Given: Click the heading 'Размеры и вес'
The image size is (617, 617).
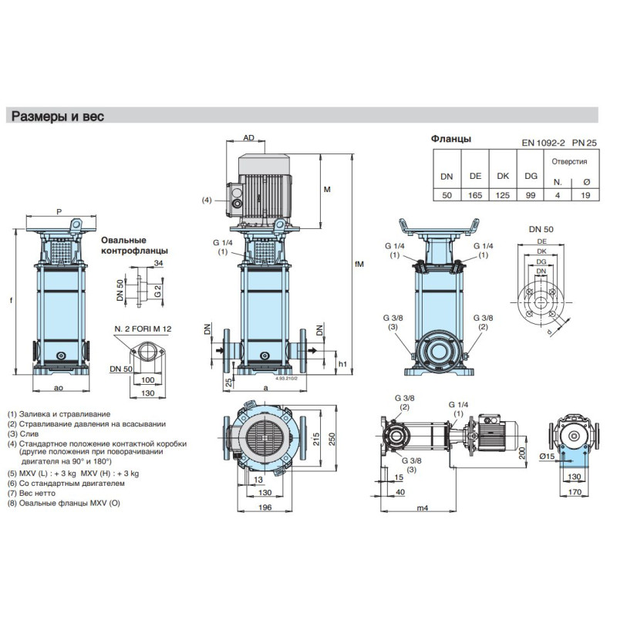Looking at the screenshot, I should (56, 116).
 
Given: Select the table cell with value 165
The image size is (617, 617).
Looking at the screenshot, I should (475, 195).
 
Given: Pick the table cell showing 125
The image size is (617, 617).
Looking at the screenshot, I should (503, 195).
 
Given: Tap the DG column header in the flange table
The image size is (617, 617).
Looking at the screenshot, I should (531, 176).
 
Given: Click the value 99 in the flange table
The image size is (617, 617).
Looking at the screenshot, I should (531, 195).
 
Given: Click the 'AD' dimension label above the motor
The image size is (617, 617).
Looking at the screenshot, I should (248, 137).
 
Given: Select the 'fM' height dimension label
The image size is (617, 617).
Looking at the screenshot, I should (359, 265).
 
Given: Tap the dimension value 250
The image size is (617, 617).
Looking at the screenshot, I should (331, 437).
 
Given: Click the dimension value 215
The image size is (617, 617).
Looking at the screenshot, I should (315, 437).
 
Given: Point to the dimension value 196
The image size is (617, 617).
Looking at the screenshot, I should (265, 507).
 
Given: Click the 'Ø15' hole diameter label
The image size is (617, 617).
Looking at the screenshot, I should (549, 457).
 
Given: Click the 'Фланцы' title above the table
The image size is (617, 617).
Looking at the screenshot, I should (450, 139).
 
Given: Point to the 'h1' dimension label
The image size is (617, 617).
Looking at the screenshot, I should (343, 364).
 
